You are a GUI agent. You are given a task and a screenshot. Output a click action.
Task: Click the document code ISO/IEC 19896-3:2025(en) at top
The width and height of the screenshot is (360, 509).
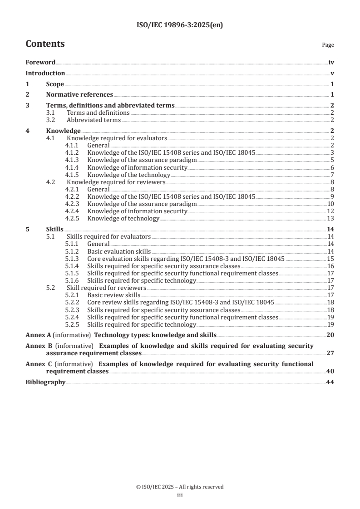[x=180, y=25]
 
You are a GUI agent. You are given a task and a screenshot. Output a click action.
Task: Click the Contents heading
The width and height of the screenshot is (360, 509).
[x=45, y=44]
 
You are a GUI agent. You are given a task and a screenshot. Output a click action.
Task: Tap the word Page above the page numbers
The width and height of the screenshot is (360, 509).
[x=328, y=45]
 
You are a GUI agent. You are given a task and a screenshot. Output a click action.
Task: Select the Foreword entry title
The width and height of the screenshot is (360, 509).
[x=40, y=63]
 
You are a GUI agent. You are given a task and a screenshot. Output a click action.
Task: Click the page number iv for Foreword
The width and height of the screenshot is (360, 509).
[x=331, y=63]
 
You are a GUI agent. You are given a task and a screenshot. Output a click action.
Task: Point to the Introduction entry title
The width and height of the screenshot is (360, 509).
[x=45, y=73]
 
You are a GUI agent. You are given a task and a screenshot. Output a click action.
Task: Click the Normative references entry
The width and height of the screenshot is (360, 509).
[x=79, y=95]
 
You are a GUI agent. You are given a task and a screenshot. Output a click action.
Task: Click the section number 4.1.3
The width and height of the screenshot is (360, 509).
[x=72, y=160]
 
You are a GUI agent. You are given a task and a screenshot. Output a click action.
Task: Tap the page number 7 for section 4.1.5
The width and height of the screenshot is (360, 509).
[x=332, y=175]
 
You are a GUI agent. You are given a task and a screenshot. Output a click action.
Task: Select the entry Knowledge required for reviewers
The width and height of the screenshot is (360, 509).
[x=116, y=182]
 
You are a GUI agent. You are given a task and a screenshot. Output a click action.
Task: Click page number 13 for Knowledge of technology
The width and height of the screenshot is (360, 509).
[x=331, y=219]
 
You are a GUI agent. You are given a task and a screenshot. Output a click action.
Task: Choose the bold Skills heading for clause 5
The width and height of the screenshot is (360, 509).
[x=54, y=230]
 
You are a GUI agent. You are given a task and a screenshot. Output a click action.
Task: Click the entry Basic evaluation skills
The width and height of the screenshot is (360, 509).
[x=118, y=251]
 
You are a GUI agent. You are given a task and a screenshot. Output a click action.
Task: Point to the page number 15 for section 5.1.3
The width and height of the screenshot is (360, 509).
[x=331, y=259]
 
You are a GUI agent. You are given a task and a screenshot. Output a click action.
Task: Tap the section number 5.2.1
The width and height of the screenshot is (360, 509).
[x=72, y=295]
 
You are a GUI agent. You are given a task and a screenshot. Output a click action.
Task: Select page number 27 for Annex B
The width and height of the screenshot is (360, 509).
[x=330, y=353]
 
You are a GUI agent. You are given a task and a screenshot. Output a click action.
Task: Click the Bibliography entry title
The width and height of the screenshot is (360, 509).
[x=45, y=382]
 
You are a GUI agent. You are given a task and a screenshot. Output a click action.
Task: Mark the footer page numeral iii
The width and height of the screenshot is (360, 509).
[x=180, y=496]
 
